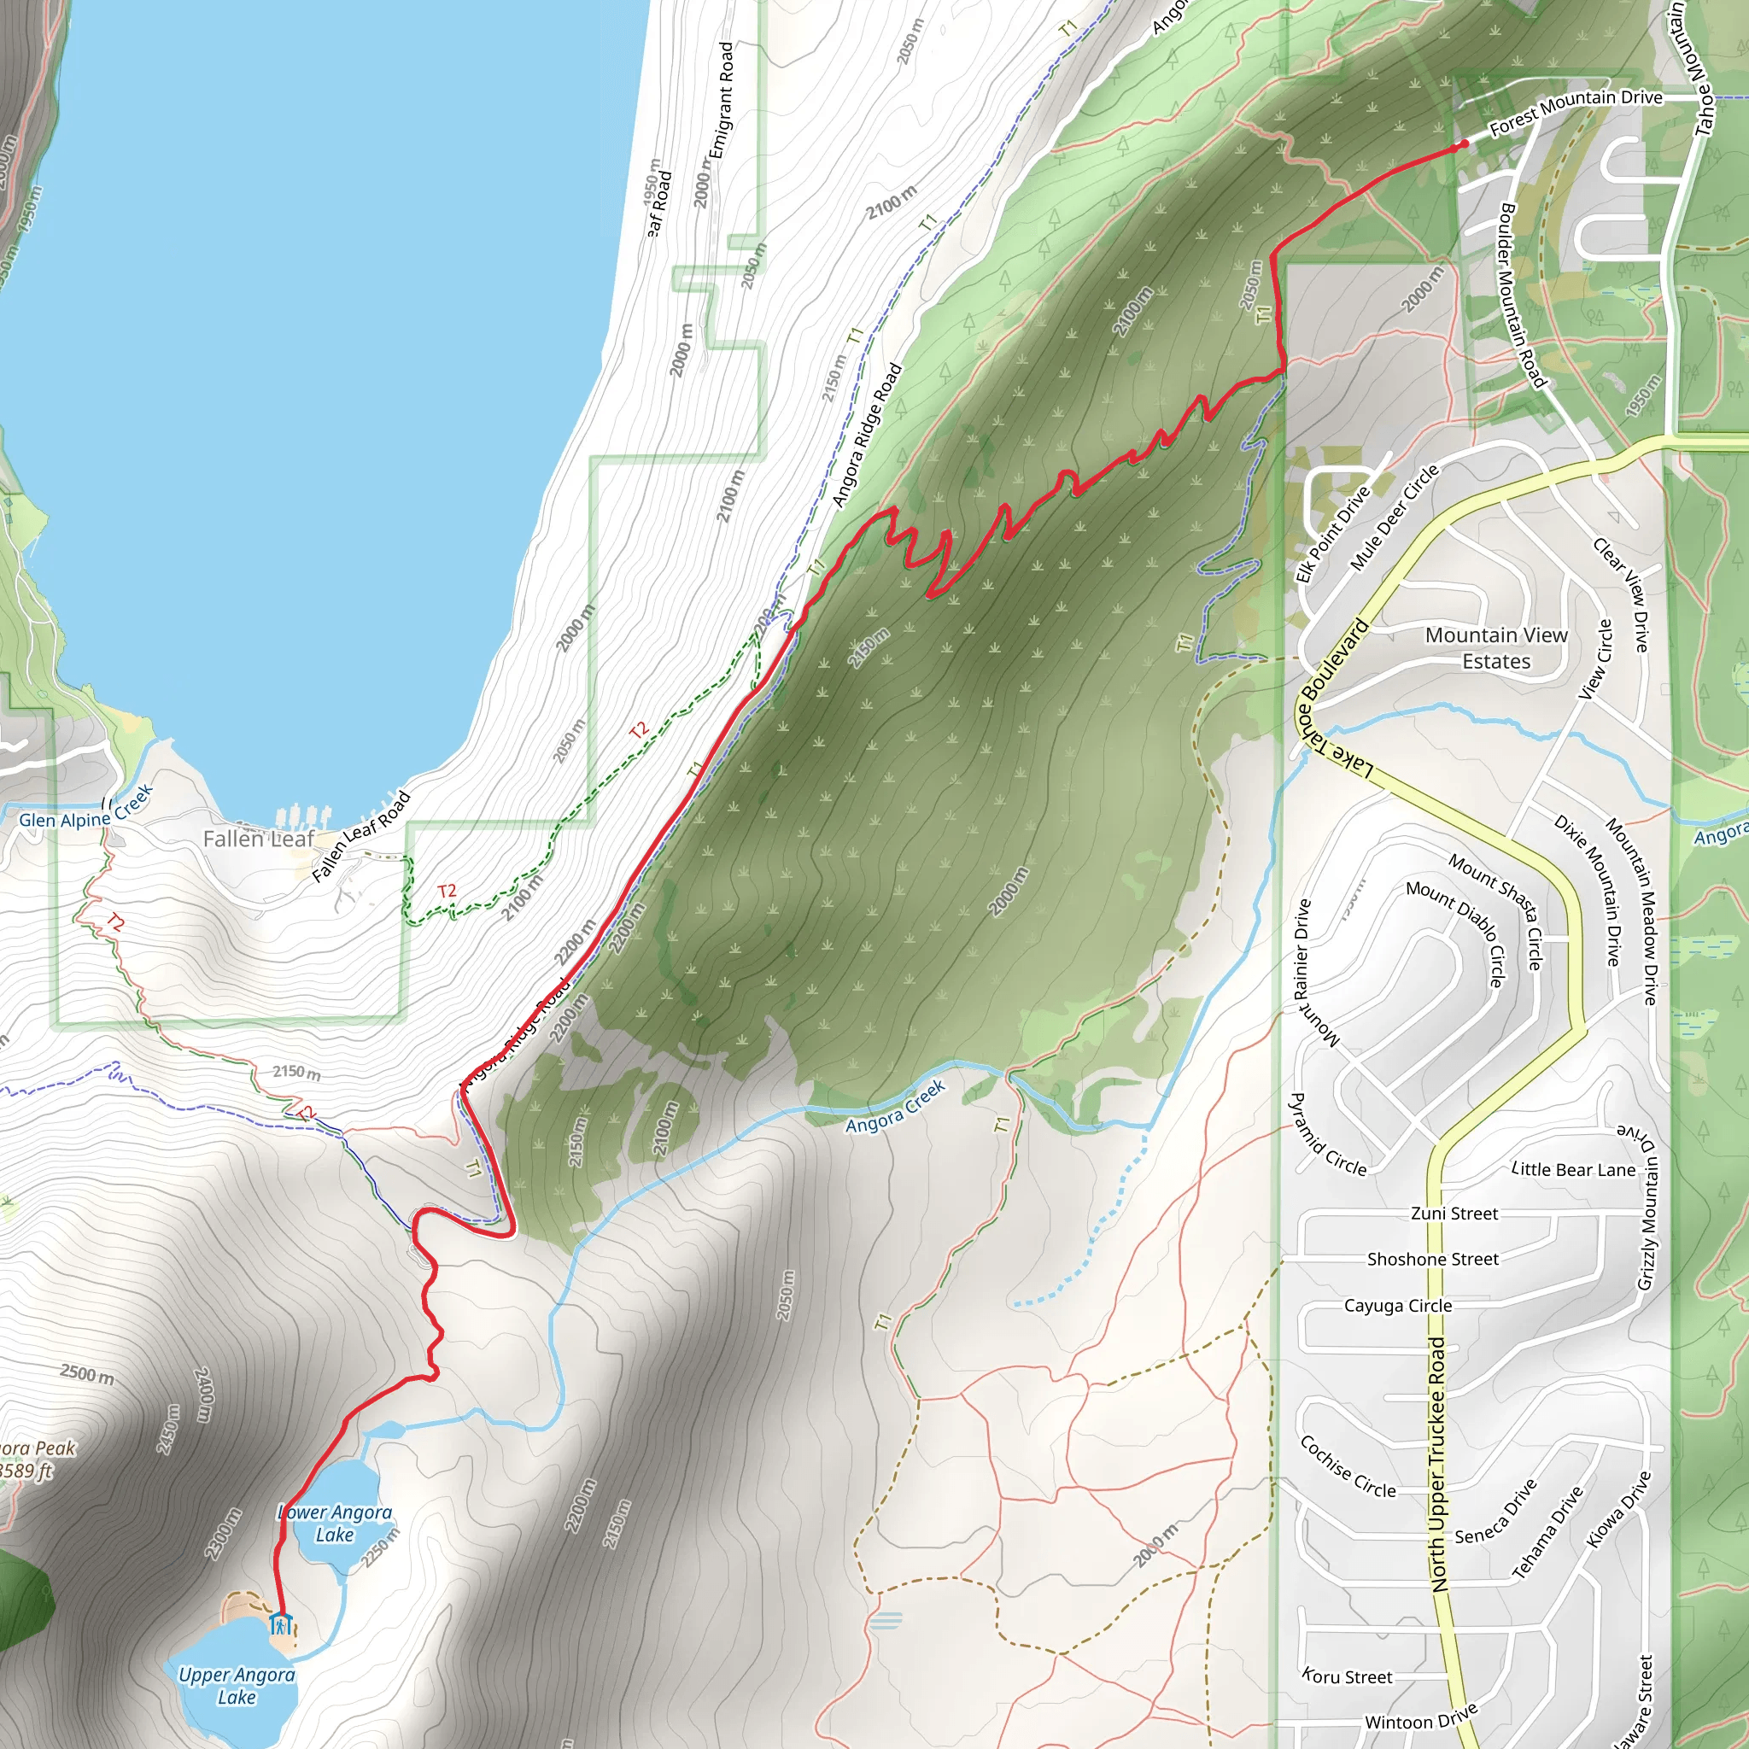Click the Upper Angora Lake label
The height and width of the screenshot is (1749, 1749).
coord(237,1686)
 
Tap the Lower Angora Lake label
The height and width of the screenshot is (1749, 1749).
coord(334,1523)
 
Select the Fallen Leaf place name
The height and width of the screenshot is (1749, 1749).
coord(258,839)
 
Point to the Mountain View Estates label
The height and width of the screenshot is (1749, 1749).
coord(1495,648)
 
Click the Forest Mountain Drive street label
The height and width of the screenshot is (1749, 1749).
coord(1575,111)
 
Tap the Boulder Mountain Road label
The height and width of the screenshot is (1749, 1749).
coord(1521,295)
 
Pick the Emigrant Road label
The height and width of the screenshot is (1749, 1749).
coord(722,101)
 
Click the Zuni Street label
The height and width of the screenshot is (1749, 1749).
coord(1454,1213)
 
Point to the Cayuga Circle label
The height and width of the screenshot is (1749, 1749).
coord(1398,1306)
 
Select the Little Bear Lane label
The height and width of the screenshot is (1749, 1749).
coord(1573,1170)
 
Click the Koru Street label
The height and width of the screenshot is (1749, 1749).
coord(1347,1676)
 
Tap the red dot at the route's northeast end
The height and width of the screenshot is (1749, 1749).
coord(1464,144)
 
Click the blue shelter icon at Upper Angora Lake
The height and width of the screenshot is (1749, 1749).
coord(281,1623)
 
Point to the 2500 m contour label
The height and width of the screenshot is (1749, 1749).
coord(87,1374)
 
